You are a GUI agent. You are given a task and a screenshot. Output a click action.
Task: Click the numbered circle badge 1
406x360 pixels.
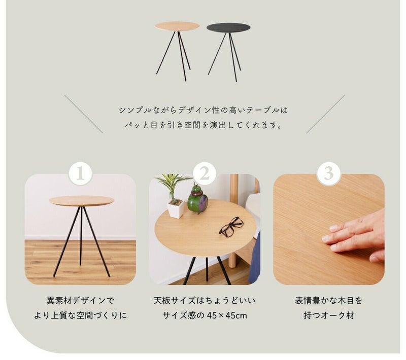point(81,173)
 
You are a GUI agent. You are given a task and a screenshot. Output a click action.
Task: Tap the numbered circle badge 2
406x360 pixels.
point(205,173)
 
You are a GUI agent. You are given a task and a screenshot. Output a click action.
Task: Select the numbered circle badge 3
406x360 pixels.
point(328,173)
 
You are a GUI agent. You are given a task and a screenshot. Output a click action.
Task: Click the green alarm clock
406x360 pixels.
point(197,199)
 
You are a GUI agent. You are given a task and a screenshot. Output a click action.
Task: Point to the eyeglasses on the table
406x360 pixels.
point(231,227)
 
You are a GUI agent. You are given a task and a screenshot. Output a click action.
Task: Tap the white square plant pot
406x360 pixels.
point(176,208)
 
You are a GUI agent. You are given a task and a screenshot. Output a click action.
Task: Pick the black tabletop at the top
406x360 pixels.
point(228,27)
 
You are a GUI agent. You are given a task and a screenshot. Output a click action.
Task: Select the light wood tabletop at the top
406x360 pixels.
point(177,26)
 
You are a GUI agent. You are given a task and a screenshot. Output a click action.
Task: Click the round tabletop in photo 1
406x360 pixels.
point(82,201)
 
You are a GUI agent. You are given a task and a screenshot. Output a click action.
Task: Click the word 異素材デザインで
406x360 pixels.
point(80,301)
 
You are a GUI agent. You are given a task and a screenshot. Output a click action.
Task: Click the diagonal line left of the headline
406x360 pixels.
point(84,114)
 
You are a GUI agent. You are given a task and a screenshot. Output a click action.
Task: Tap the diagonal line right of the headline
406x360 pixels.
point(325,114)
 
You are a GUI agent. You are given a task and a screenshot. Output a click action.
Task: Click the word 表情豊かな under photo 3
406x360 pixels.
point(312,301)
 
